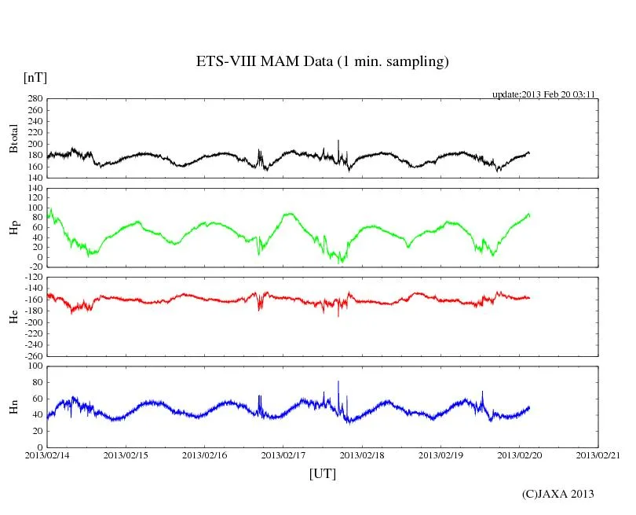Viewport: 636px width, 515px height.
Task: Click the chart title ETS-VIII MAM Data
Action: (x=322, y=62)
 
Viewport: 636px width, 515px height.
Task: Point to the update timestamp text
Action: (x=543, y=94)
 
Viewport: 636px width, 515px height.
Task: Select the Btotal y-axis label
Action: (x=13, y=138)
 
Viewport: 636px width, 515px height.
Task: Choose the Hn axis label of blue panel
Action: (x=13, y=406)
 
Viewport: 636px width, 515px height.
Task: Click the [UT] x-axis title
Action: (x=322, y=473)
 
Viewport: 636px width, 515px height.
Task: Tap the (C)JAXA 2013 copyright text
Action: (x=557, y=494)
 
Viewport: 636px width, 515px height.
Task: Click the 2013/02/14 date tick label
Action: (x=47, y=455)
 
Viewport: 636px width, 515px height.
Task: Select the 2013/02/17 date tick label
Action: (x=283, y=455)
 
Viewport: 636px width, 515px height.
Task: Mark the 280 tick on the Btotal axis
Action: (x=34, y=99)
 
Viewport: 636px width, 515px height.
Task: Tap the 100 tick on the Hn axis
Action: (x=34, y=366)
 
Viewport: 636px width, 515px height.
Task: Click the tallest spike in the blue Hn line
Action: (x=338, y=382)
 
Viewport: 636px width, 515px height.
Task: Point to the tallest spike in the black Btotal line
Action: (x=338, y=142)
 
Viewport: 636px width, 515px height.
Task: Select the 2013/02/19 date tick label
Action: (x=440, y=455)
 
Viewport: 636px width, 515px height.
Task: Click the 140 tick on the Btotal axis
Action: (x=34, y=178)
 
